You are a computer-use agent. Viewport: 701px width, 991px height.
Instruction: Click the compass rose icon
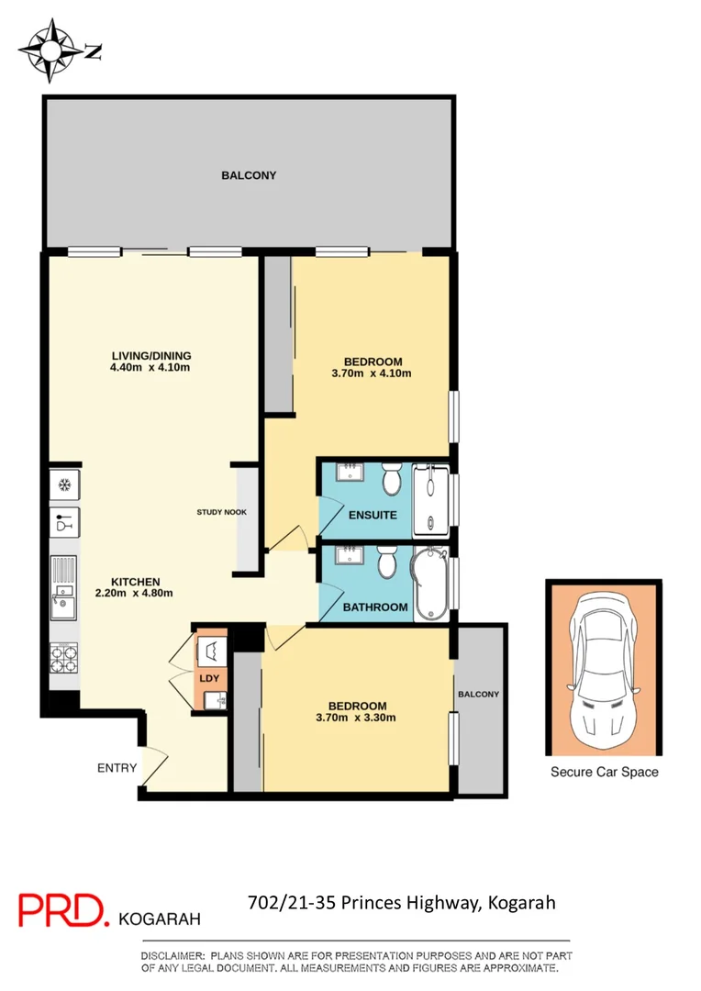click(x=49, y=50)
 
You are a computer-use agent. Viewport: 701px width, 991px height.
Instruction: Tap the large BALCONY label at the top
click(x=249, y=175)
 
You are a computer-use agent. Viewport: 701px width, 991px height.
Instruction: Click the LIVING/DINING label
click(x=150, y=356)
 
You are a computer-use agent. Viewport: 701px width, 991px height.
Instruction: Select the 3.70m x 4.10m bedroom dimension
click(x=372, y=373)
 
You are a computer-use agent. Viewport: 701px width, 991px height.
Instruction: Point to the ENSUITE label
click(x=373, y=515)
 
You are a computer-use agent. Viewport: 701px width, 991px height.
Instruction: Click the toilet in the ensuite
click(x=390, y=479)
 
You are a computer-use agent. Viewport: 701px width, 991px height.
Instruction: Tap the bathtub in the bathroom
click(x=429, y=584)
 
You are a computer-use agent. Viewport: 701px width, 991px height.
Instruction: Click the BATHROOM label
click(x=375, y=607)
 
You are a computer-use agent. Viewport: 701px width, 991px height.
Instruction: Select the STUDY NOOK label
click(x=221, y=512)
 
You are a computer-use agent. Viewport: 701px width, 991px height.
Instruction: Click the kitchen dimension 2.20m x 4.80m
click(x=136, y=593)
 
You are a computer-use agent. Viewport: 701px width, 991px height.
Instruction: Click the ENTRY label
click(x=117, y=768)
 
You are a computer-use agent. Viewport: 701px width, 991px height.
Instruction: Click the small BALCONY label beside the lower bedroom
click(x=480, y=695)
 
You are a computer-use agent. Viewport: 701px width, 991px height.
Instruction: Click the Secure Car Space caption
click(x=604, y=772)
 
